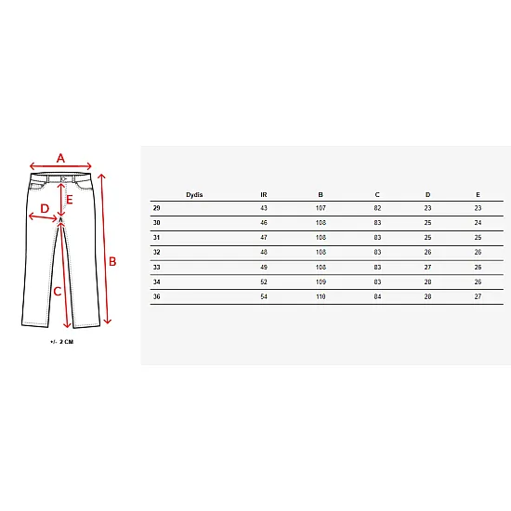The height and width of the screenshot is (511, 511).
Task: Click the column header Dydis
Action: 194,195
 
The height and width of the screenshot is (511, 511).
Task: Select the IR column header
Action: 264,195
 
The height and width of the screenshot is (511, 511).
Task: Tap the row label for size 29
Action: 157,208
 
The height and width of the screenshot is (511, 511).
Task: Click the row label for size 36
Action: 157,296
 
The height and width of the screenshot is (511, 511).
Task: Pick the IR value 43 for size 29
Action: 264,208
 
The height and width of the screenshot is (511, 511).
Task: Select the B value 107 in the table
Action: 321,208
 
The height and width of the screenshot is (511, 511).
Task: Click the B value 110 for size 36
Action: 321,296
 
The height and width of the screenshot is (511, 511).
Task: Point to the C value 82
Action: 377,208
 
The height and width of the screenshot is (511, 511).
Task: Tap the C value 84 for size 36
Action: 377,296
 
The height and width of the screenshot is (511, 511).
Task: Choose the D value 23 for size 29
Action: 427,208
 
